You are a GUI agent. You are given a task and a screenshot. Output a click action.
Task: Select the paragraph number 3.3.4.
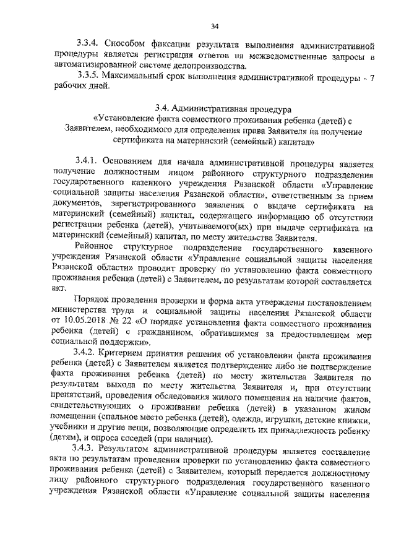coord(87,45)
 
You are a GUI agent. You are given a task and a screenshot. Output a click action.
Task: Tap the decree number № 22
coord(121,321)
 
